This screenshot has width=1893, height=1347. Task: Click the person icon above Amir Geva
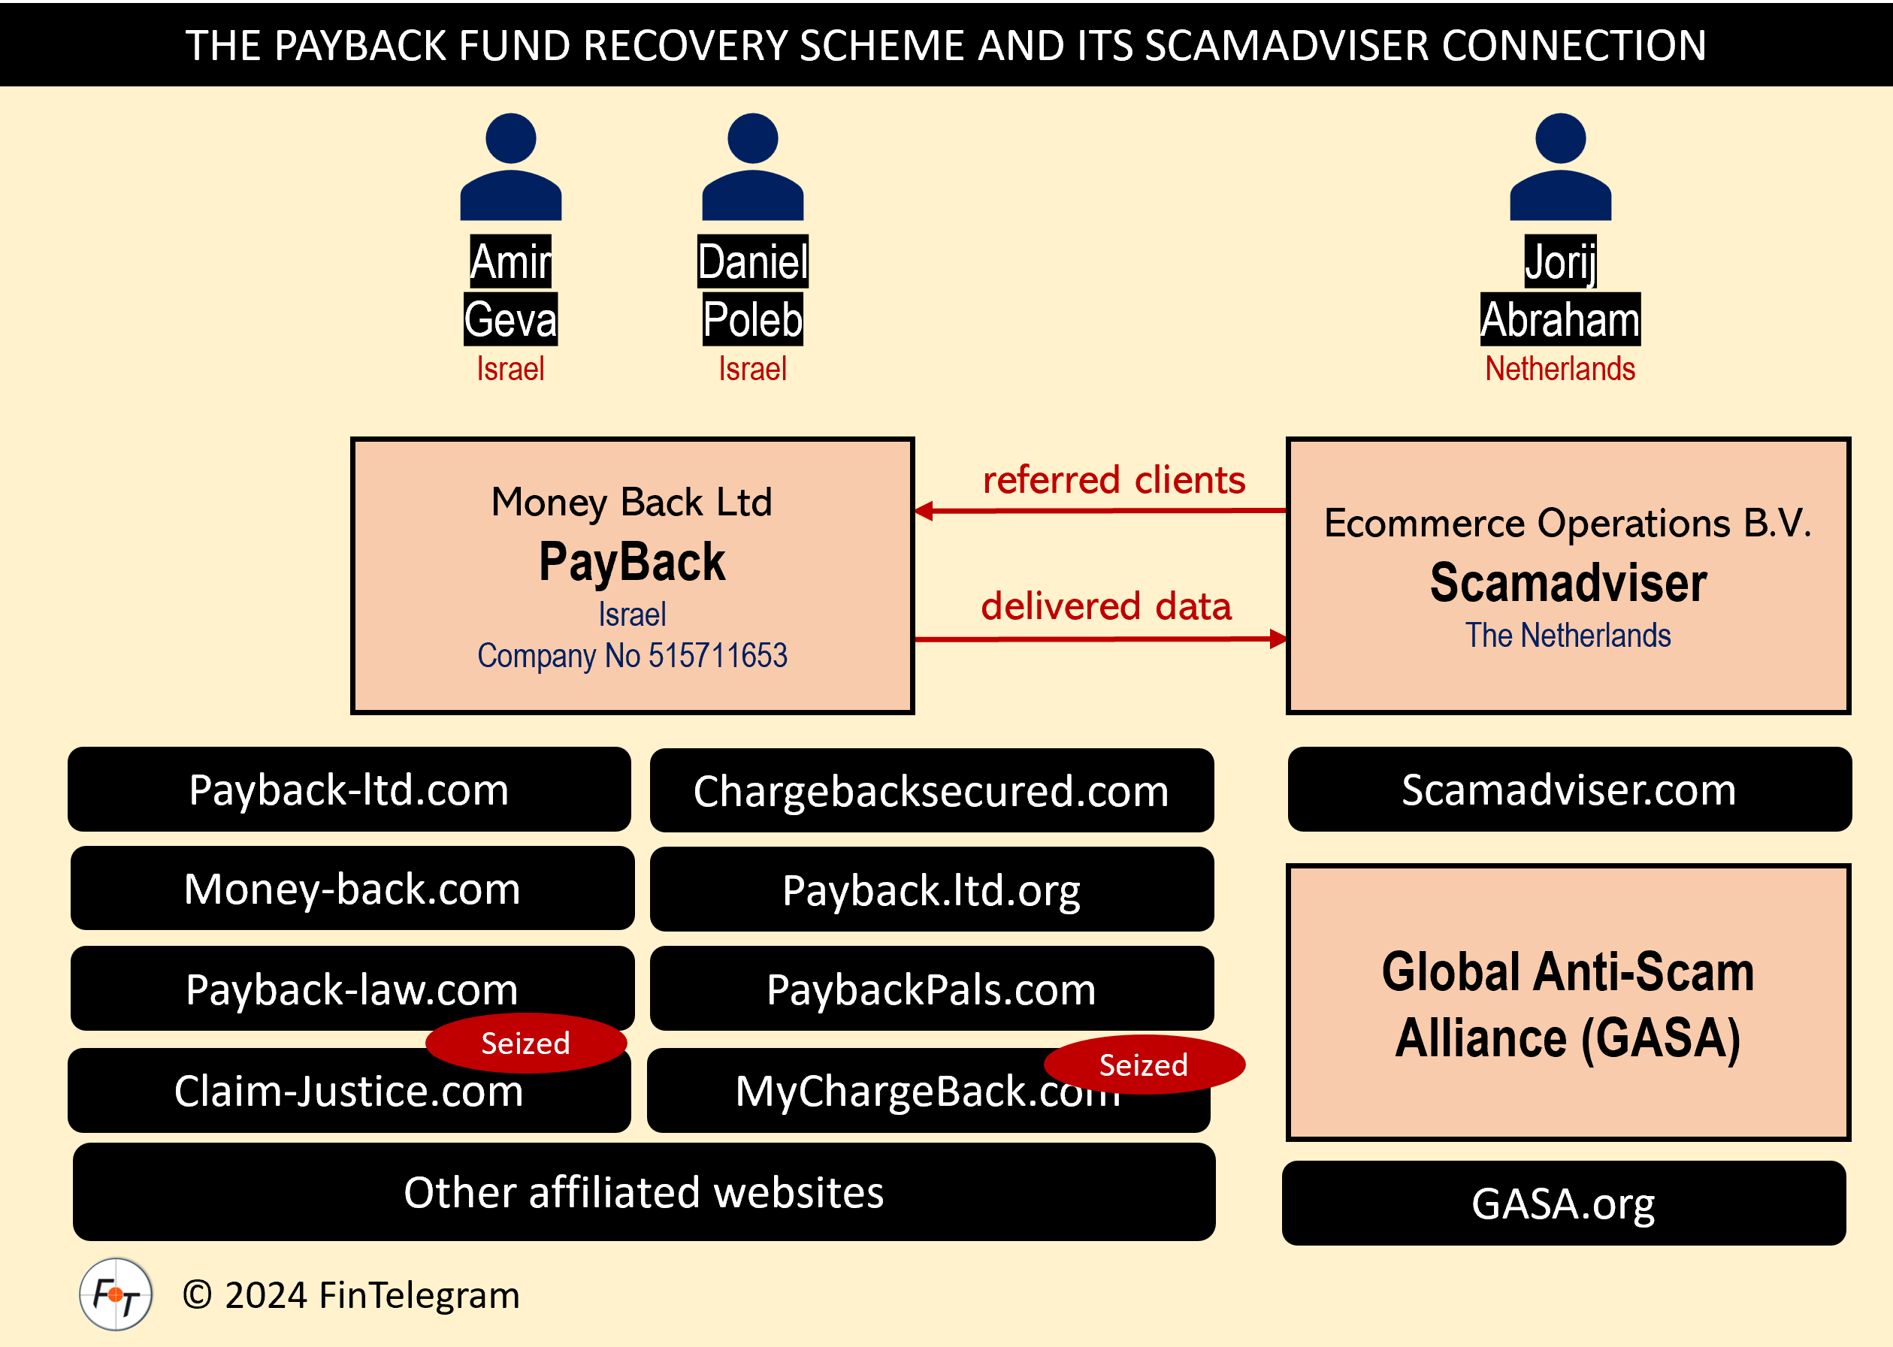click(510, 168)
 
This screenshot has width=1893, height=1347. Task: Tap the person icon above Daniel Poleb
click(752, 168)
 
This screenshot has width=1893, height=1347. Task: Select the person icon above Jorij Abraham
click(1559, 168)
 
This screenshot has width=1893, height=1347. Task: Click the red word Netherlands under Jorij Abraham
click(1559, 368)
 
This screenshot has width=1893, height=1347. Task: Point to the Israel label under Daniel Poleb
click(752, 368)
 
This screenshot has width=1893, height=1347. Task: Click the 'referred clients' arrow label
click(1113, 480)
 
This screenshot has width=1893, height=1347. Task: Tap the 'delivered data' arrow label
click(1105, 606)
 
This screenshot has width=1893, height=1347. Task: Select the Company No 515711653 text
click(631, 655)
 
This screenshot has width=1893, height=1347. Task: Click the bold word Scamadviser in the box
click(1568, 582)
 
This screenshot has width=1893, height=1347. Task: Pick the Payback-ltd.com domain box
click(349, 790)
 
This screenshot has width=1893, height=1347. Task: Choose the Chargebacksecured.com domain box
click(931, 790)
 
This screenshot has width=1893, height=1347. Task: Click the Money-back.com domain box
click(352, 888)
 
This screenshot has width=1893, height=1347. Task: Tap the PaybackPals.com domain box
click(931, 989)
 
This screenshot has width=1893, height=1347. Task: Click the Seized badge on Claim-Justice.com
click(525, 1043)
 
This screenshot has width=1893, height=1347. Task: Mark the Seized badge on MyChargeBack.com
click(1143, 1065)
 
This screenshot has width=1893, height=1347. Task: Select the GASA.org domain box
click(1563, 1203)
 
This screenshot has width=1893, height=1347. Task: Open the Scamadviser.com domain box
click(1568, 790)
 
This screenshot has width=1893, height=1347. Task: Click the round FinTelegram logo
click(115, 1294)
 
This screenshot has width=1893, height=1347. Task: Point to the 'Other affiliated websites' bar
click(644, 1192)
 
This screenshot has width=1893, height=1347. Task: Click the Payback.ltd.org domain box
click(931, 889)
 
